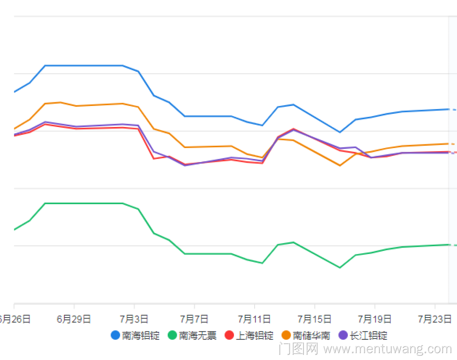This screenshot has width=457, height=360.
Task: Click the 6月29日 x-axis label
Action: click(x=74, y=319)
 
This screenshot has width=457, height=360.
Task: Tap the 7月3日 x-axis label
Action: click(x=134, y=319)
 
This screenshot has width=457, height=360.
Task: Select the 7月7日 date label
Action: click(x=194, y=319)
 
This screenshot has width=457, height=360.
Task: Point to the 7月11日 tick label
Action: click(x=255, y=319)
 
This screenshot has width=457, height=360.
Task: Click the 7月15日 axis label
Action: click(x=314, y=319)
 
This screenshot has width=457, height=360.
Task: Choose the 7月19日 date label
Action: click(x=375, y=319)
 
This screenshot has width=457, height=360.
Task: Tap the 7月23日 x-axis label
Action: click(x=435, y=319)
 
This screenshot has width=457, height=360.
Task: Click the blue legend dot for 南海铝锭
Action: click(x=116, y=335)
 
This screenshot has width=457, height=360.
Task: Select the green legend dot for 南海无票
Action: click(x=172, y=335)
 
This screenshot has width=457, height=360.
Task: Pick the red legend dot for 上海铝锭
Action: click(x=229, y=335)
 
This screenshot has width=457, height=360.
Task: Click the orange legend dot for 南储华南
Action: click(x=287, y=335)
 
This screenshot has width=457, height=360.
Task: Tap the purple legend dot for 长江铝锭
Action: click(x=343, y=335)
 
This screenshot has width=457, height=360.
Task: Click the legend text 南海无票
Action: click(x=198, y=335)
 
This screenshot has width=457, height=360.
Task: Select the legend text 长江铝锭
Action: click(x=369, y=335)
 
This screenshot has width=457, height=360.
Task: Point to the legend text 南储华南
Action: click(x=312, y=335)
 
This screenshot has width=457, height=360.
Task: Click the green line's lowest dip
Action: click(x=340, y=268)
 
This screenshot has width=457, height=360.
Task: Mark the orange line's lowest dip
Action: click(x=340, y=165)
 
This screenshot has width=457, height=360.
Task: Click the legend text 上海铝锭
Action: click(x=255, y=335)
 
